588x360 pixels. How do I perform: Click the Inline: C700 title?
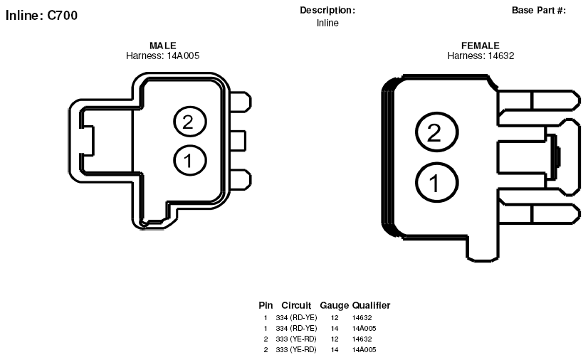(x=41, y=16)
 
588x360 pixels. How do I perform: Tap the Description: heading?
(x=327, y=11)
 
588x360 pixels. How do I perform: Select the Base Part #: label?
(x=539, y=11)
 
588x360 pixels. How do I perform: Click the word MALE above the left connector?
(x=163, y=46)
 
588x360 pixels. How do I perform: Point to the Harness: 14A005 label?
(x=163, y=55)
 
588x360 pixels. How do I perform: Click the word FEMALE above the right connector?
(x=481, y=46)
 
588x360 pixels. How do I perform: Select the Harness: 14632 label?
(x=481, y=55)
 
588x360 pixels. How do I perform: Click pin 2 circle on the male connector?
(x=190, y=122)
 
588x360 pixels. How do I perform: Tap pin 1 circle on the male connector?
(x=190, y=160)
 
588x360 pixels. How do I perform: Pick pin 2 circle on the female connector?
(x=436, y=132)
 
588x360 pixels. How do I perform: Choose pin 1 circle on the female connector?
(x=436, y=182)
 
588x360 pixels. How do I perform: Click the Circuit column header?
(x=296, y=305)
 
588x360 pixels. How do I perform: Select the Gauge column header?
(x=334, y=306)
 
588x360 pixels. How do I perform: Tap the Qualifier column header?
(x=372, y=305)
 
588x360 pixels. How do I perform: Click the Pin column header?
(x=266, y=305)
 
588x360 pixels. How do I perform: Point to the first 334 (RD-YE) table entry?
(x=296, y=318)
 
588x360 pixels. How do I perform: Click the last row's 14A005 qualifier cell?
(x=364, y=349)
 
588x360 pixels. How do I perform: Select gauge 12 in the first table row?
(x=335, y=318)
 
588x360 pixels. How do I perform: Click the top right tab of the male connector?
(x=240, y=102)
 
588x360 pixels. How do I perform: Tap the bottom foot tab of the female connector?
(x=482, y=249)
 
